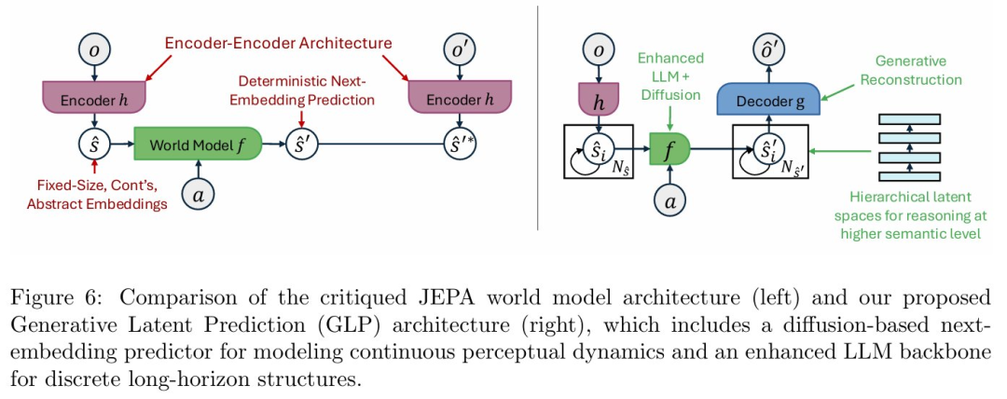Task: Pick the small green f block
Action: (669, 145)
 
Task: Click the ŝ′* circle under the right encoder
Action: (457, 145)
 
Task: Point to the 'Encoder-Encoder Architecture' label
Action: (278, 43)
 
